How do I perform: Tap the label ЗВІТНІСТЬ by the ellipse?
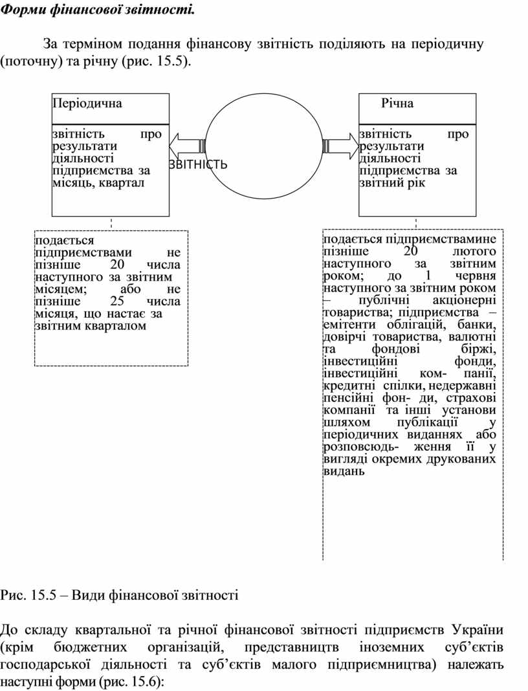(x=198, y=164)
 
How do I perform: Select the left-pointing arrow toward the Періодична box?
(x=189, y=146)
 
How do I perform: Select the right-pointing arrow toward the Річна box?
(x=340, y=146)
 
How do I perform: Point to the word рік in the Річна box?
(x=416, y=183)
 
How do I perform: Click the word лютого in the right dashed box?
(x=474, y=252)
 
